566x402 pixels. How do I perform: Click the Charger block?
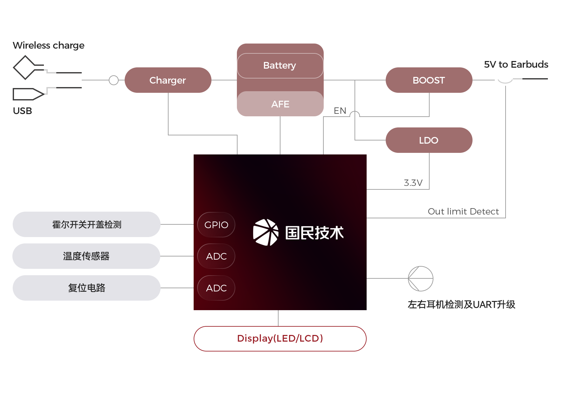point(168,80)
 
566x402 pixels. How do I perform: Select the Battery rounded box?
point(280,65)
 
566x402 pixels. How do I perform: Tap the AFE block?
point(280,104)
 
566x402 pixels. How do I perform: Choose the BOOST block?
point(429,80)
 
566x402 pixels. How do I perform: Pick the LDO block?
point(429,140)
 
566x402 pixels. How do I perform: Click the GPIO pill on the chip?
point(216,225)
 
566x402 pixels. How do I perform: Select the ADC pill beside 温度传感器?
point(216,256)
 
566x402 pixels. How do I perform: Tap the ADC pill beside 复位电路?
point(216,288)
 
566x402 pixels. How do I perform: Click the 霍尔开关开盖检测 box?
point(86,224)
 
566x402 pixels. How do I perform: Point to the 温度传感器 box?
point(86,256)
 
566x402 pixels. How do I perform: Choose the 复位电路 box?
point(86,288)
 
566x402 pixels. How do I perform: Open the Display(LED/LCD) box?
point(280,338)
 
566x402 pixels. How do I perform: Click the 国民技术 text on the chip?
point(314,233)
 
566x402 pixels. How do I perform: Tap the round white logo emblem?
point(266,232)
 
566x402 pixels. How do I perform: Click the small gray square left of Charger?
point(114,80)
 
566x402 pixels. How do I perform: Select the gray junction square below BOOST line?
point(355,116)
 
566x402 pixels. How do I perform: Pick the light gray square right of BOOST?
point(505,78)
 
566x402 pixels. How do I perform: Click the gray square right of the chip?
point(420,279)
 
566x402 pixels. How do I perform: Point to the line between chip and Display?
point(278,318)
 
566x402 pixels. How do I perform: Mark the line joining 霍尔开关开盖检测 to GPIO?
point(177,224)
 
